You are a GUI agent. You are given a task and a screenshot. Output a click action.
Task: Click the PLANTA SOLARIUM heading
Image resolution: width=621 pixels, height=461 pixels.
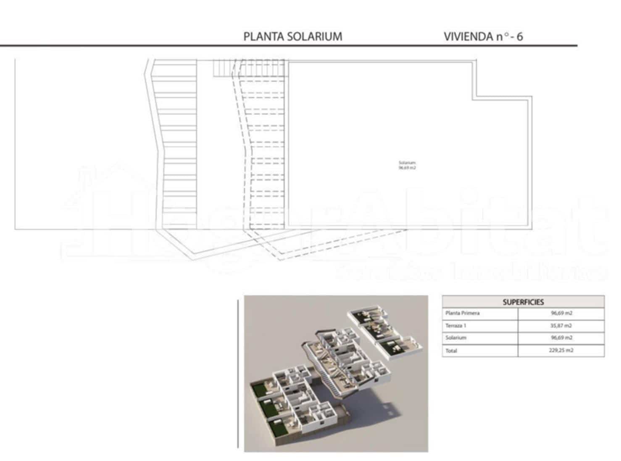pos(293,37)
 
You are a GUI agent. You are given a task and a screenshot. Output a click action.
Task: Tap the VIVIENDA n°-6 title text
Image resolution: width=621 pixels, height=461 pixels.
pos(483,37)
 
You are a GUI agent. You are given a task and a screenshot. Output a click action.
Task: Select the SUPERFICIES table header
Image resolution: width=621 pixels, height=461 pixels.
pos(523,302)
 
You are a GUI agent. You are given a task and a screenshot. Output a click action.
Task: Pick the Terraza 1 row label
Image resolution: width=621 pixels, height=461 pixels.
pos(456,325)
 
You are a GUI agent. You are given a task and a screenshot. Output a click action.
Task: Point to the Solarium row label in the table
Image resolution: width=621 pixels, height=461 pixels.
pos(456,337)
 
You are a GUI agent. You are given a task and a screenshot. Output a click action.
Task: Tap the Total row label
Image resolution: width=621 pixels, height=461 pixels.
pos(451,350)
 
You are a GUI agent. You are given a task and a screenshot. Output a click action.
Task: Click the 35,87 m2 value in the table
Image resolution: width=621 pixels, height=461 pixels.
pos(561,325)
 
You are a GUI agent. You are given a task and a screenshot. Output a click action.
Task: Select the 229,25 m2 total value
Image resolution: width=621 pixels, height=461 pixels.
pos(561,350)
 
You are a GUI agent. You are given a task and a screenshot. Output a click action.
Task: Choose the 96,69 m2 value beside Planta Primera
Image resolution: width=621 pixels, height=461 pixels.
pos(561,313)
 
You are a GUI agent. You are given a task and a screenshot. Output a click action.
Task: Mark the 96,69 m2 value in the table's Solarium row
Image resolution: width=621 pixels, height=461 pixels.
pos(561,337)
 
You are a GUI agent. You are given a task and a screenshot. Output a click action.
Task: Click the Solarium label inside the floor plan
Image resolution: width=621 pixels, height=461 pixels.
pos(407,163)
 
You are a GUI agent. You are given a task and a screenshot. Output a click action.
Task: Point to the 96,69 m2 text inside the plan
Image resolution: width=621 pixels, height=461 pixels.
pos(407,168)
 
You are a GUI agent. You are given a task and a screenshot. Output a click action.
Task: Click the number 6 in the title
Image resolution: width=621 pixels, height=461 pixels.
pos(520,37)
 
